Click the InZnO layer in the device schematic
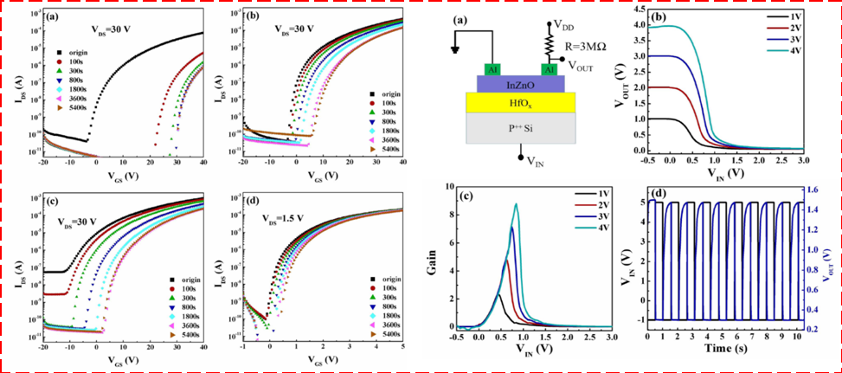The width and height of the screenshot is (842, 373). (517, 83)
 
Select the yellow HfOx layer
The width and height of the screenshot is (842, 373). (517, 103)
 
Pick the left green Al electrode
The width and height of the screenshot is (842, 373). (492, 68)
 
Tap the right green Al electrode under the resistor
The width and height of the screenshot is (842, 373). (548, 68)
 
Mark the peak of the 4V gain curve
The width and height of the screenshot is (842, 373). (517, 204)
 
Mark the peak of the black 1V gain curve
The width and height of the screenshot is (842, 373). (498, 295)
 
